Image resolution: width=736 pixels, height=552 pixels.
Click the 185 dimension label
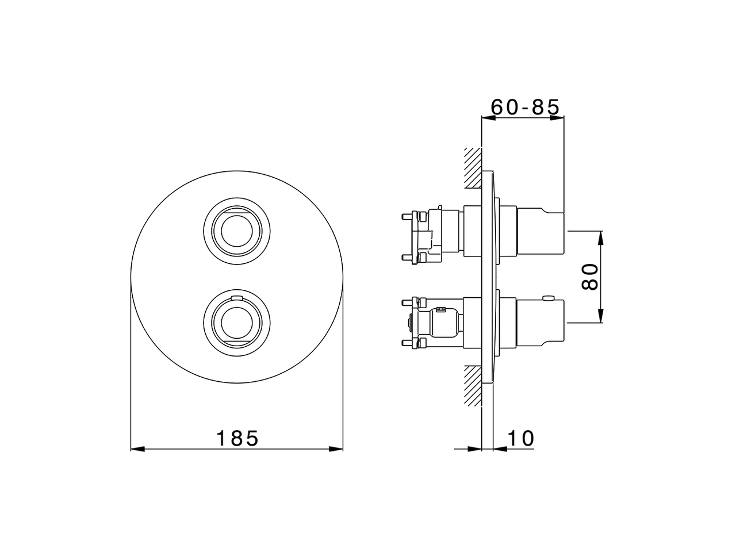click(x=237, y=438)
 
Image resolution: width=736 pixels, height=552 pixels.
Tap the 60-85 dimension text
click(x=525, y=108)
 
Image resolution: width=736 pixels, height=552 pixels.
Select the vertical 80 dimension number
click(x=589, y=277)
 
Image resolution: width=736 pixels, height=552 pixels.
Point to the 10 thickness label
click(x=521, y=438)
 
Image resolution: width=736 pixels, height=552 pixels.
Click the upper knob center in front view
click(x=237, y=231)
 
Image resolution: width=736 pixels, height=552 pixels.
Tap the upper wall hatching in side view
click(x=473, y=168)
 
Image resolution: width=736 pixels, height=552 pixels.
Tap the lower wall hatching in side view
click(x=473, y=386)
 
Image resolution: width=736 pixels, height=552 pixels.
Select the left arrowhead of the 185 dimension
click(x=137, y=449)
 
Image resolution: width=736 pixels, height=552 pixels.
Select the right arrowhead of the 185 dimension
click(x=336, y=449)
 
